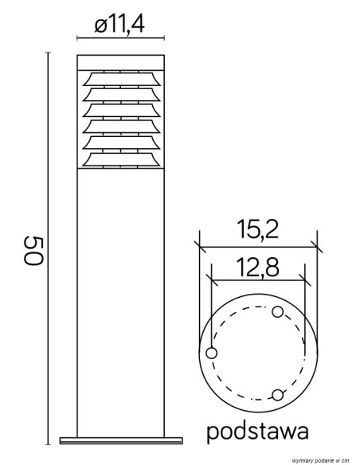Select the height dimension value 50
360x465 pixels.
(x=33, y=251)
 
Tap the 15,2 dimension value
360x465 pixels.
(x=256, y=230)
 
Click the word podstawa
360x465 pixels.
(x=257, y=432)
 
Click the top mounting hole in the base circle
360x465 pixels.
(x=277, y=311)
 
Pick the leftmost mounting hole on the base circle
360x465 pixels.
(x=211, y=353)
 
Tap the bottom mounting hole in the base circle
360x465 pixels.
(x=277, y=394)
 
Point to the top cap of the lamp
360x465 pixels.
(x=120, y=62)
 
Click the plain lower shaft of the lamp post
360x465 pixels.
(x=120, y=303)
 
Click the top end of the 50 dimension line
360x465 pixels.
(x=48, y=53)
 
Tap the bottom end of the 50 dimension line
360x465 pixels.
(x=48, y=443)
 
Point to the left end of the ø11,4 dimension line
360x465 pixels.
(x=77, y=37)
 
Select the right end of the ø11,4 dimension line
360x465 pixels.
(x=164, y=37)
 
